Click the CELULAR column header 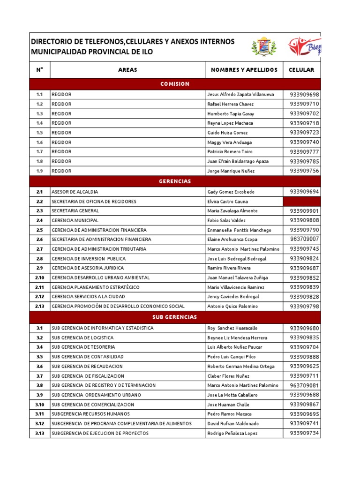pyautogui.click(x=302, y=70)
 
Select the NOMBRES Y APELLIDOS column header pyautogui.click(x=244, y=70)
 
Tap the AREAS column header pyautogui.click(x=127, y=70)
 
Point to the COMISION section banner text pyautogui.click(x=175, y=84)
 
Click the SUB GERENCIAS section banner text pyautogui.click(x=175, y=317)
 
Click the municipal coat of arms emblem pyautogui.click(x=264, y=47)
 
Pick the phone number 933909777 pyautogui.click(x=304, y=152)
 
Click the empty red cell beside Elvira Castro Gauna pyautogui.click(x=302, y=202)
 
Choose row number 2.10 pyautogui.click(x=39, y=277)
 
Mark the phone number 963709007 pyautogui.click(x=304, y=240)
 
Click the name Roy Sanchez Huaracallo pyautogui.click(x=232, y=328)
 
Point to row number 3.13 pyautogui.click(x=39, y=434)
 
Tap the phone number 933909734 pyautogui.click(x=304, y=434)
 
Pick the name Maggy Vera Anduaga pyautogui.click(x=229, y=142)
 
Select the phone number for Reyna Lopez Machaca pyautogui.click(x=304, y=123)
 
